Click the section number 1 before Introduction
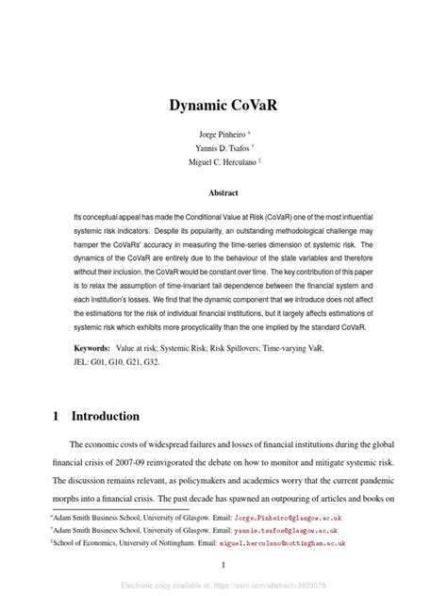click(54, 416)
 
